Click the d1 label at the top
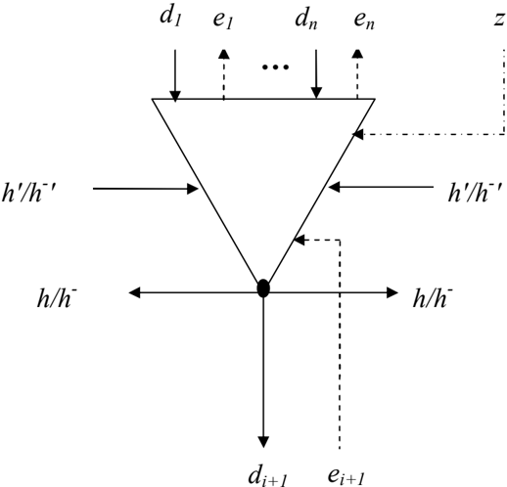170,17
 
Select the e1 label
222,21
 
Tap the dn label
305,19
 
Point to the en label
364,21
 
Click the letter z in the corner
499,20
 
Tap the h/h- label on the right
433,297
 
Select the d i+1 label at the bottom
267,477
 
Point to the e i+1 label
346,476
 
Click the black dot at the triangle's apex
263,288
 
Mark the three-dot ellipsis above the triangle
275,67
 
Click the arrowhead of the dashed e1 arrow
223,54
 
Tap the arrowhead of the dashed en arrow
357,54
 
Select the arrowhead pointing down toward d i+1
263,442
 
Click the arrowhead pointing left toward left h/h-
134,292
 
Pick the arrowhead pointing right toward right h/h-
392,292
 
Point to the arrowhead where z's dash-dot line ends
357,134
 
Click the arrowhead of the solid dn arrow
316,93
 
